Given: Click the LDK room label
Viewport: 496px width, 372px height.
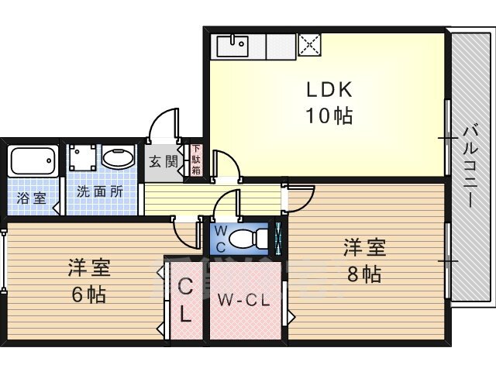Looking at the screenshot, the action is point(329,90).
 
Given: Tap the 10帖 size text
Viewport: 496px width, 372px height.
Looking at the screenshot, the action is point(329,115).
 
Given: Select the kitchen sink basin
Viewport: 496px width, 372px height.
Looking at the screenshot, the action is point(232,46).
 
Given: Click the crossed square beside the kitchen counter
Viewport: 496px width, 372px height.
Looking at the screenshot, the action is point(310,45).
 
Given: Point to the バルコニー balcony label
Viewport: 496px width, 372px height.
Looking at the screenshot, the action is point(470,167).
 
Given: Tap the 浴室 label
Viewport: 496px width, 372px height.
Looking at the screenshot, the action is point(32,198).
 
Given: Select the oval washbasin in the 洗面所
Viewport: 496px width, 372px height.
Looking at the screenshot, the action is point(119,158).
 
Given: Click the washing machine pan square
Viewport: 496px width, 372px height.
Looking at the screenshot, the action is point(83,157).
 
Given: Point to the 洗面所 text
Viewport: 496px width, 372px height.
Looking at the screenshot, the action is point(100,191).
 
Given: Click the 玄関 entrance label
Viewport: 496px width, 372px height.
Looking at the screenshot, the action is point(164,162).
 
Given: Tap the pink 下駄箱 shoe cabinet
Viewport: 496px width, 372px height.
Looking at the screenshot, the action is point(196,160).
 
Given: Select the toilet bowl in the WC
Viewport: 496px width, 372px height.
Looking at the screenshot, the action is point(243,238).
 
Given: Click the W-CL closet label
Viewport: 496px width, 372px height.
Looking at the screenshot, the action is point(243,299).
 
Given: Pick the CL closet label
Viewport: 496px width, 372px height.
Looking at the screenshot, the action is point(185,300).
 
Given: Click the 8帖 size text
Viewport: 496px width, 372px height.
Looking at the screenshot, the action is point(364,274).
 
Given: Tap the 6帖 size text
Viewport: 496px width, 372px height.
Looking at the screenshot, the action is point(89,294).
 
